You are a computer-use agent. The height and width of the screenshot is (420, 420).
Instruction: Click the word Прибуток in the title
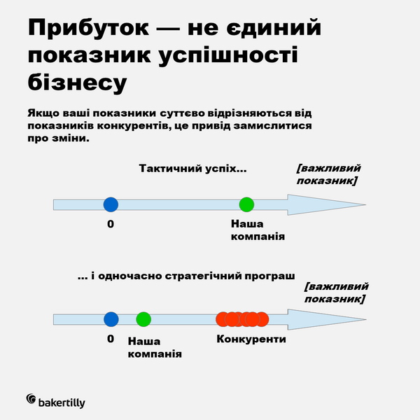click(x=88, y=28)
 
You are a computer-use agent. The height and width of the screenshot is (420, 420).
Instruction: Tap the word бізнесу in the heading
click(x=77, y=83)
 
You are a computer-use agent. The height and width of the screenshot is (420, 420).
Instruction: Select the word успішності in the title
click(x=228, y=55)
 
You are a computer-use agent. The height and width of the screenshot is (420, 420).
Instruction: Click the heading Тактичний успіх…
click(x=193, y=169)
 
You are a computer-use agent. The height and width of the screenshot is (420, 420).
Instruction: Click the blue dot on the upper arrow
click(x=111, y=204)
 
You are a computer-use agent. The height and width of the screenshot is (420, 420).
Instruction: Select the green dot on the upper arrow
click(x=246, y=204)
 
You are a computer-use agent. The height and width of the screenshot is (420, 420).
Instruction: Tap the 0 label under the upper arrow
click(x=111, y=224)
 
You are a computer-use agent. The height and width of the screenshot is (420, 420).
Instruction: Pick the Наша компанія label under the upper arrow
click(x=258, y=230)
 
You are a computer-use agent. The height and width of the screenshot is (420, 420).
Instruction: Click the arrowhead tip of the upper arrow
click(x=365, y=204)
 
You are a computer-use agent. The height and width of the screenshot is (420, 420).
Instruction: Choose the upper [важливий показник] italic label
click(x=329, y=174)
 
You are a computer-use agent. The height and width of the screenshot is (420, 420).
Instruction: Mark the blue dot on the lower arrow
click(x=111, y=319)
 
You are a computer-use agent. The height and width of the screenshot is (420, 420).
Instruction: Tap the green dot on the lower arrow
click(x=143, y=319)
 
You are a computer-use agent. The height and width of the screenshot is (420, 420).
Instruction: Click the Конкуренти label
click(x=251, y=339)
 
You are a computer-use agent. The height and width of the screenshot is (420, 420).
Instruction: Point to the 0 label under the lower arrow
click(x=111, y=339)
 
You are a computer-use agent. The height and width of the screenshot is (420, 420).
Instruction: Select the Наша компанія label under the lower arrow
click(x=155, y=347)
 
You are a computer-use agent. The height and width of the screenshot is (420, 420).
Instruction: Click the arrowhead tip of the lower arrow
click(x=366, y=319)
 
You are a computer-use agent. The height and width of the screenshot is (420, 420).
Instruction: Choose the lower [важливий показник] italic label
click(x=337, y=293)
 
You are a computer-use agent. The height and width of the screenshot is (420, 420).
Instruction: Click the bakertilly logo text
click(x=62, y=402)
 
